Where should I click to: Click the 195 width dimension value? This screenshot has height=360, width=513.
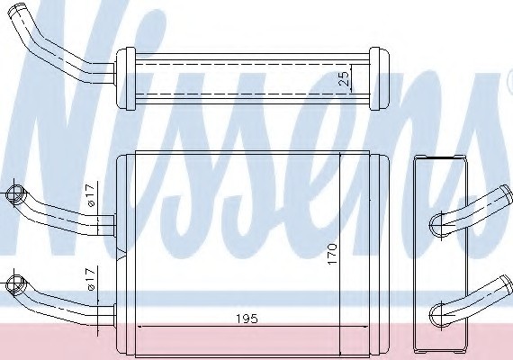247,319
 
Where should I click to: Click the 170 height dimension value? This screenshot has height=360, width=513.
332,254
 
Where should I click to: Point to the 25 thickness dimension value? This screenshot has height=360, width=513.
344,78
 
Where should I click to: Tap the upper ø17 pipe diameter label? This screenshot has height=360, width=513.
91,194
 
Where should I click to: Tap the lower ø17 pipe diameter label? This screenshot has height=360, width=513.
91,279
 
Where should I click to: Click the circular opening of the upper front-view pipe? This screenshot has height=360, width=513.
15,193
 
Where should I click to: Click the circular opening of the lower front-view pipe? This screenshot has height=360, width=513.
15,283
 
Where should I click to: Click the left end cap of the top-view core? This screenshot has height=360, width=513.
126,78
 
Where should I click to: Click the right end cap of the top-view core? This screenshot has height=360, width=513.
379,78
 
